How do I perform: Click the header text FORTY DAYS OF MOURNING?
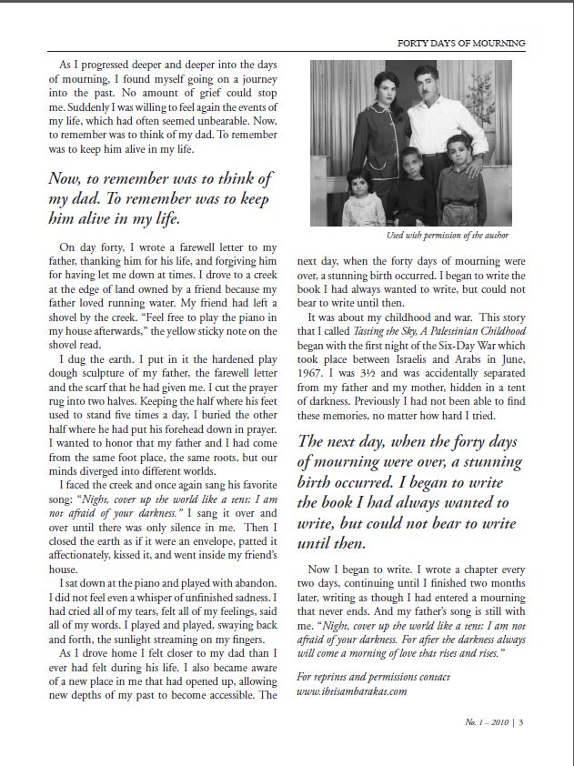462,44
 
